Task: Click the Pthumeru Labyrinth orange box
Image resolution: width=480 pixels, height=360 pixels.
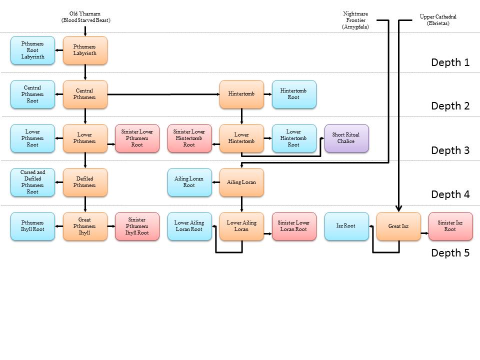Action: pos(85,50)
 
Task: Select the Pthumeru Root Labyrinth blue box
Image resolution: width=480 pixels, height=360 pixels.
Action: pos(32,50)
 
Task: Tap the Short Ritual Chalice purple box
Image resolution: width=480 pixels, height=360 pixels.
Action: pos(346,138)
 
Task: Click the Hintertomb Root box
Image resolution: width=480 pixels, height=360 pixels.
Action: pos(294,94)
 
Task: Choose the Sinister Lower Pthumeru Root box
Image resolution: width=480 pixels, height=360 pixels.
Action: pos(137,138)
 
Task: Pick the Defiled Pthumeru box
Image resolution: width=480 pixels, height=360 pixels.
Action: pos(85,182)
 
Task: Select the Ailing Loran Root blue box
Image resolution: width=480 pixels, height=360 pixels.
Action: pos(189,182)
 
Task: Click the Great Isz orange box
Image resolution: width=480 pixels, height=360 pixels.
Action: pos(398,226)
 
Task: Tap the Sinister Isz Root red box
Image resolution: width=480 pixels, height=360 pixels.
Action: pos(450,226)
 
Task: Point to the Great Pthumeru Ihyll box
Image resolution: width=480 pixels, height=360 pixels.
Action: pos(85,226)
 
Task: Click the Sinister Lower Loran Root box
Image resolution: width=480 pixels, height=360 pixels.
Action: pos(294,226)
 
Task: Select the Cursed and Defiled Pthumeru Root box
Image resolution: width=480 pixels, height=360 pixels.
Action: pos(32,182)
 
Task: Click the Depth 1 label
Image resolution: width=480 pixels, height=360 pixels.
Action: pos(450,62)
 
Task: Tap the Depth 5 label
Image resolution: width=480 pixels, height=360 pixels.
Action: pos(450,253)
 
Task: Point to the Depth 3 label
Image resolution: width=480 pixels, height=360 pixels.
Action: pos(450,150)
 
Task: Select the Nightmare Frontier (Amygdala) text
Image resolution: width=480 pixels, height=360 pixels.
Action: pos(355,20)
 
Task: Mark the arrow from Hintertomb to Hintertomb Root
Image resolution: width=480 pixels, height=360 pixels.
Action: pos(267,94)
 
